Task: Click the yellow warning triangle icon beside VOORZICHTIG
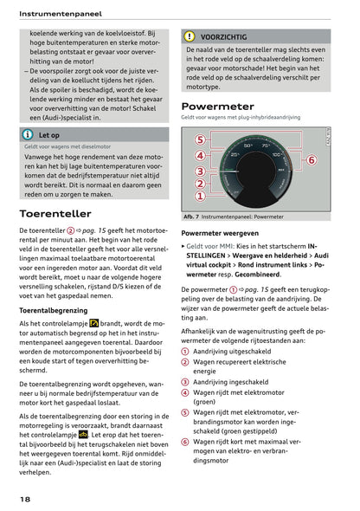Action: click(x=190, y=37)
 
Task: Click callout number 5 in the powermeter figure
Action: click(x=200, y=140)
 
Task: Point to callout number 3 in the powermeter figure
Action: click(x=200, y=171)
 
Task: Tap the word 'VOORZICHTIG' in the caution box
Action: click(x=223, y=37)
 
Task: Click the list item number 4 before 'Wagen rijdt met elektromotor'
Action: click(x=185, y=392)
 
